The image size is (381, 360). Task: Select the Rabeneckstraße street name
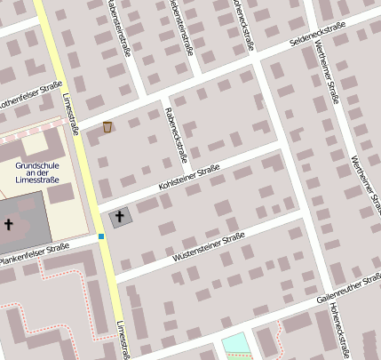coord(174,134)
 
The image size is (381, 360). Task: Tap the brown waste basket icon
coord(107,127)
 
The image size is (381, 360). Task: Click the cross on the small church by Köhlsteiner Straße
coord(120,216)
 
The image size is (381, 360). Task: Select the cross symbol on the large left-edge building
coord(8,224)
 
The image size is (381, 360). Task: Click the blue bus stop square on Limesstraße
coord(102,236)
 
